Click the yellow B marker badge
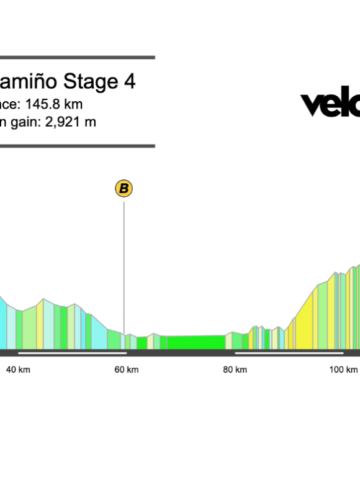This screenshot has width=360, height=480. pos(124,188)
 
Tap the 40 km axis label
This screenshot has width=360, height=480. pos(18,369)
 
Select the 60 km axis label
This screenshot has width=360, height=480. pos(127,369)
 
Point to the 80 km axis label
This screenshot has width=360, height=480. pos(235,369)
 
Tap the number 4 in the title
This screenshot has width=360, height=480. pos(129,82)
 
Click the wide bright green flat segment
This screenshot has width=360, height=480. pos(196,342)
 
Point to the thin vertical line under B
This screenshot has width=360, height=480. pos(124,267)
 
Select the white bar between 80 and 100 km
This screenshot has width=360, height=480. pos(289,353)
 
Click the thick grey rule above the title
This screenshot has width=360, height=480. pos(77,57)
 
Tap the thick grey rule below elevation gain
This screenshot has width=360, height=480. pos(77,147)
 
